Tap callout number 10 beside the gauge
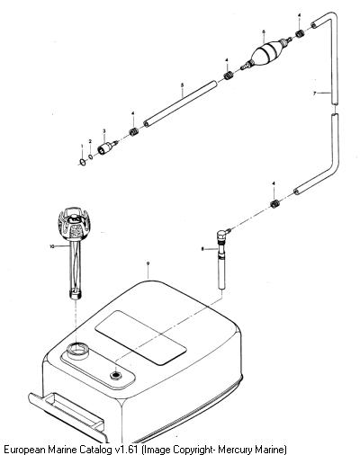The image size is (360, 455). coord(52,246)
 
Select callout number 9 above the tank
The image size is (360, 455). coord(148,263)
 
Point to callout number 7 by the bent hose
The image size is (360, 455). coord(314,94)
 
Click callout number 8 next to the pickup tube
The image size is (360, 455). coord(202,248)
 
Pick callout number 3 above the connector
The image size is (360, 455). coord(104,131)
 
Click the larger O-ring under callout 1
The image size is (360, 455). coord(82,162)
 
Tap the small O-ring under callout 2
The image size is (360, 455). coord(91,156)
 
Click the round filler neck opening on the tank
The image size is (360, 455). coord(77,349)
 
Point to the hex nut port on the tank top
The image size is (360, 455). coord(115,375)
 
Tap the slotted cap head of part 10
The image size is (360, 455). coord(73,222)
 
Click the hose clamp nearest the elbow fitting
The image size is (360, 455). coord(274,204)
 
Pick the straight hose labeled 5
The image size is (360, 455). coord(180,103)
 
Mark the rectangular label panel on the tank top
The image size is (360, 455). coord(140,337)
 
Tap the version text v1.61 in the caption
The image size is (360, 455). coord(126,450)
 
